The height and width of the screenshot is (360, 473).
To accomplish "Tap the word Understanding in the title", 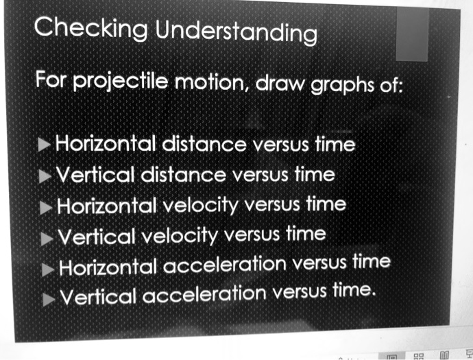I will (236, 32).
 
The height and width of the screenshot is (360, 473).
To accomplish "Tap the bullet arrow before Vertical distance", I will (45, 175).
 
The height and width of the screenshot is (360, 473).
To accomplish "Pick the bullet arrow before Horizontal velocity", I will (47, 206).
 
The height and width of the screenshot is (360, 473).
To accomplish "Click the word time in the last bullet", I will (354, 291).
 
